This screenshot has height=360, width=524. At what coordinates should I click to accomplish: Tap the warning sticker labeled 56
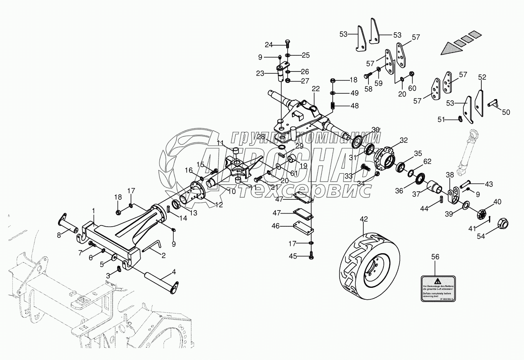(x=438, y=288)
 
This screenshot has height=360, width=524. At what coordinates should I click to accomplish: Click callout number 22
(x=315, y=89)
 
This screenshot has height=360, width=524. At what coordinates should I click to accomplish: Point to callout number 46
(x=275, y=226)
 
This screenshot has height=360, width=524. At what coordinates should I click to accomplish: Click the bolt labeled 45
(x=311, y=254)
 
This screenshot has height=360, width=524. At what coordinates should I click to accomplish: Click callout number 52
(x=482, y=77)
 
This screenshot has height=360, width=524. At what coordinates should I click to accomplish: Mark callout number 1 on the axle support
(x=93, y=211)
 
